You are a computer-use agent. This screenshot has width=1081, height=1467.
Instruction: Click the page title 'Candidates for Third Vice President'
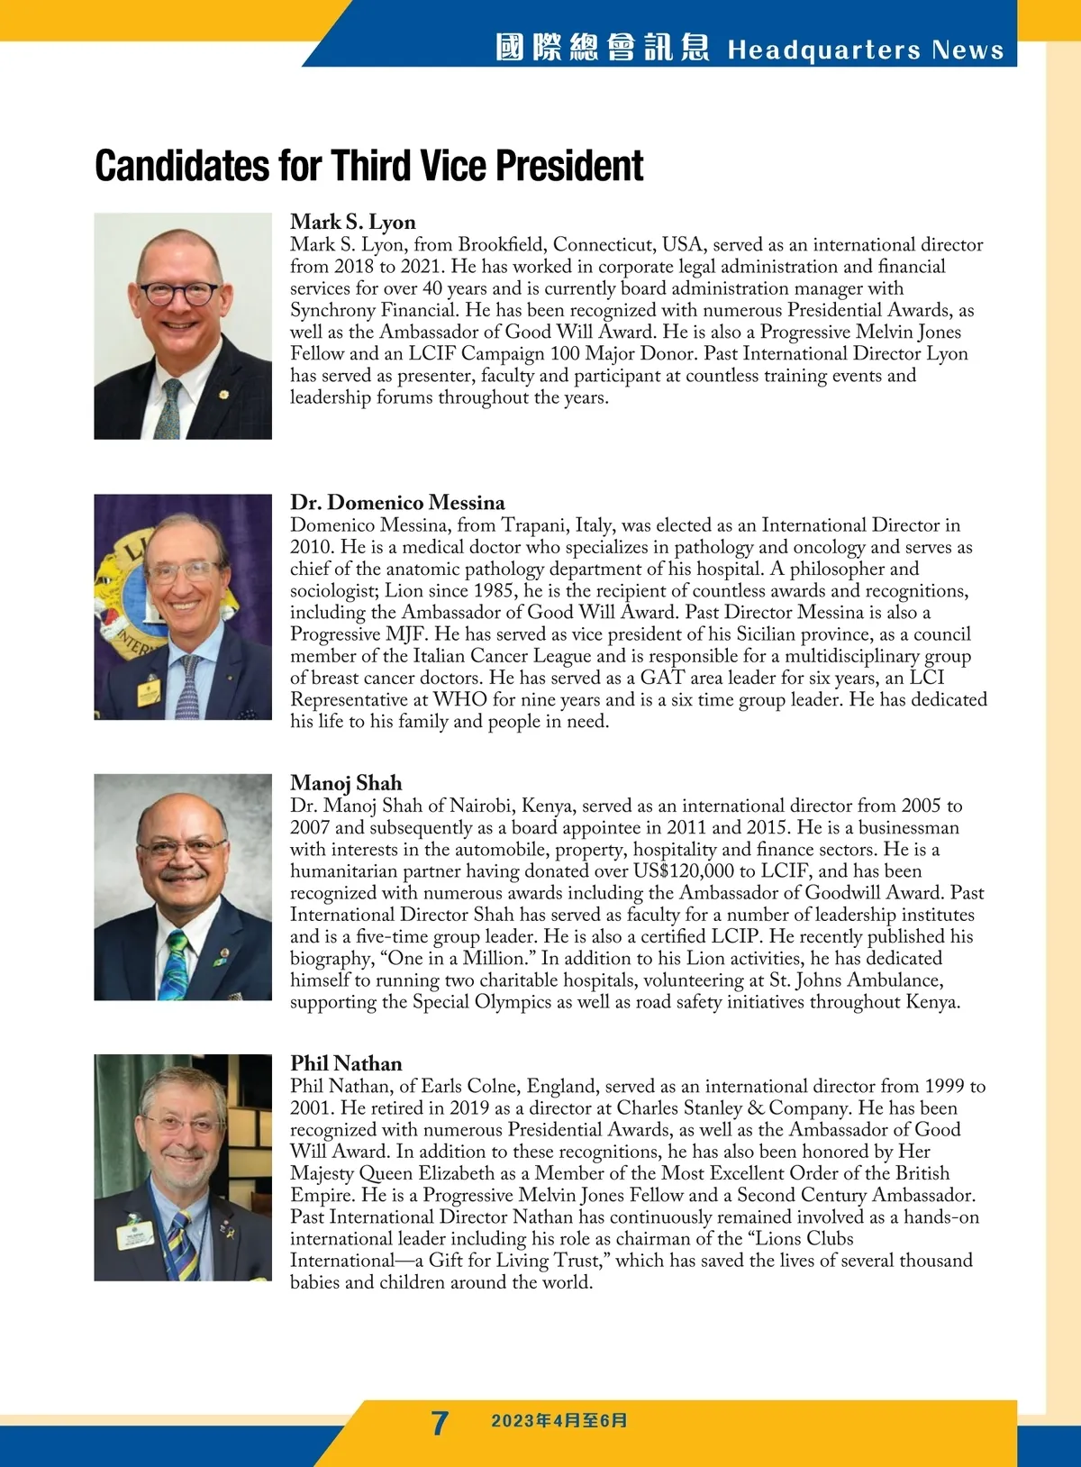368,166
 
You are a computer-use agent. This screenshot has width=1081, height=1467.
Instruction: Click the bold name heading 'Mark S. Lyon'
352,222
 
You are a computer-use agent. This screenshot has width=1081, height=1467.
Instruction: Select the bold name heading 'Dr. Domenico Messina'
397,502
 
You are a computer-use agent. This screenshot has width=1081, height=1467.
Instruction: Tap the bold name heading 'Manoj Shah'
346,782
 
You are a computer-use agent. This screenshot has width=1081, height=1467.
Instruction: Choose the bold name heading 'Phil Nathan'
346,1063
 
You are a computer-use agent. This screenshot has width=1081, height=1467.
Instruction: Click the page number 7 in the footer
440,1423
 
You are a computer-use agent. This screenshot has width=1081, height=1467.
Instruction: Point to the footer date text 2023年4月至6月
559,1421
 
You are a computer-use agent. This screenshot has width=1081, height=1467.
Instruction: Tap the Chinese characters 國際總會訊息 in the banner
602,48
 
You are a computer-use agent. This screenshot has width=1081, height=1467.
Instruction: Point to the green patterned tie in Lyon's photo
168,410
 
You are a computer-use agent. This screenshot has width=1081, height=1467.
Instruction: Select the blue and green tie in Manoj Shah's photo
177,964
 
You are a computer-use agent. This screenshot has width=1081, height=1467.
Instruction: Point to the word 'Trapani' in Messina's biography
533,525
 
